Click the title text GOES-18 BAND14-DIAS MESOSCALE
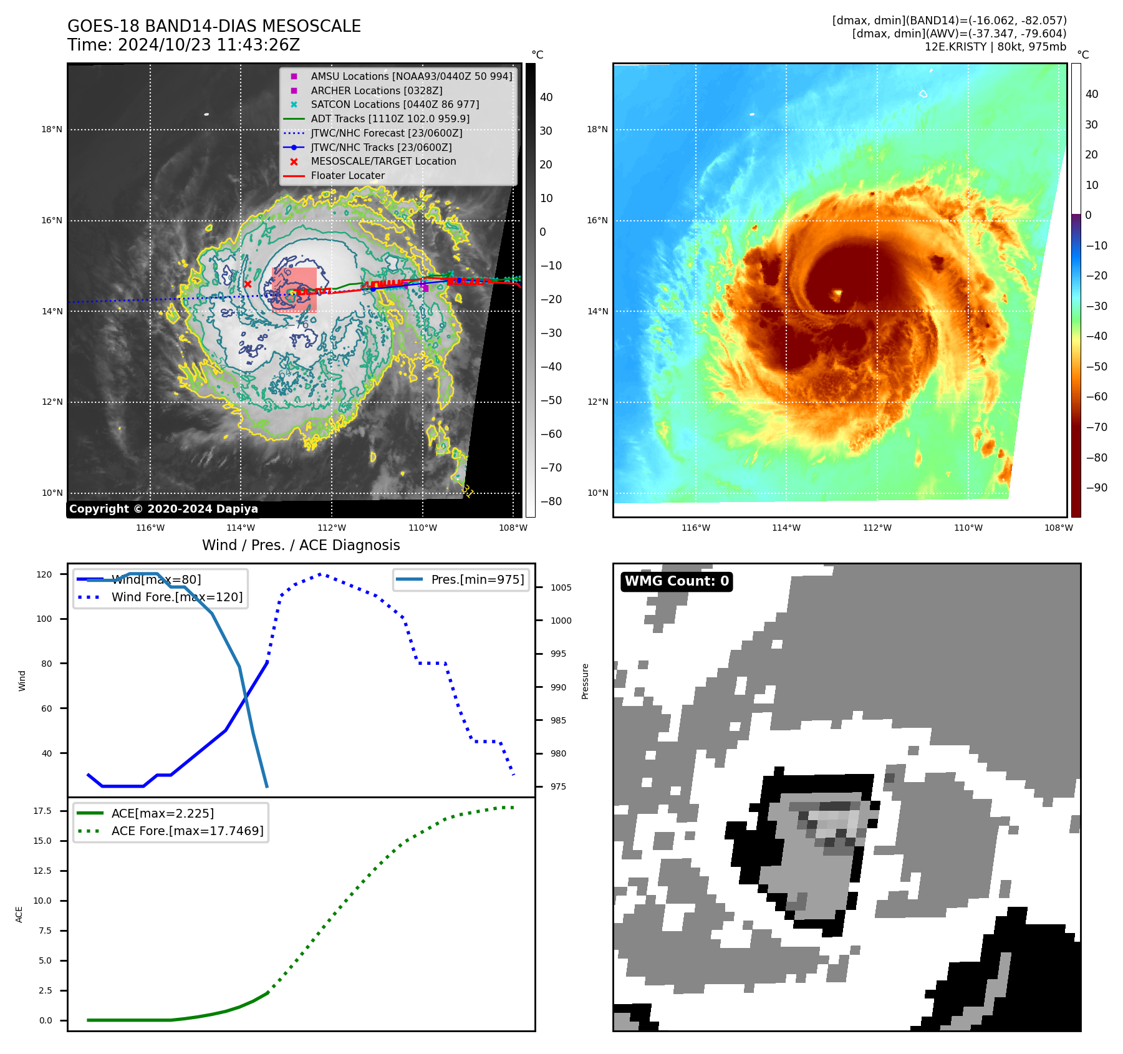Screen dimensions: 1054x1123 click(214, 26)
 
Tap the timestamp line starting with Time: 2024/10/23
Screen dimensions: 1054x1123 click(183, 45)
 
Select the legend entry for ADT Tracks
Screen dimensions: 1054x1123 click(390, 118)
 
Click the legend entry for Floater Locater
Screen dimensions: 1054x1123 click(347, 175)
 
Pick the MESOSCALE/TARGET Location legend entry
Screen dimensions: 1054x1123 click(383, 161)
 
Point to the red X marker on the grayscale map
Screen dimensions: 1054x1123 click(248, 284)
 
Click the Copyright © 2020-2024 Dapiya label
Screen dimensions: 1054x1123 click(163, 509)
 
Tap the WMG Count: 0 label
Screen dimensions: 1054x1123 click(677, 581)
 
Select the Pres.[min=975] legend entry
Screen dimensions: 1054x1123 click(477, 579)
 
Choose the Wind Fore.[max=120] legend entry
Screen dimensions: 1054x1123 click(176, 597)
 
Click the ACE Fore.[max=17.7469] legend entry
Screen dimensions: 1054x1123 click(187, 831)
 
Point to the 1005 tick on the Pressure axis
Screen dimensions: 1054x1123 click(561, 587)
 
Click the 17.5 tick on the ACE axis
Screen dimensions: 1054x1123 click(42, 811)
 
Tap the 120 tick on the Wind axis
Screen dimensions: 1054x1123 click(44, 574)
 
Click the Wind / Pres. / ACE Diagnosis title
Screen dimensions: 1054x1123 click(301, 545)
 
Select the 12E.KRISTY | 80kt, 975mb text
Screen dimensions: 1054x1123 click(995, 47)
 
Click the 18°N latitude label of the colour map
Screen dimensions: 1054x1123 click(597, 130)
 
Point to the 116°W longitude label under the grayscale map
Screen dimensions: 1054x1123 click(150, 528)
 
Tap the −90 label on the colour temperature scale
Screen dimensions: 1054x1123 click(1096, 488)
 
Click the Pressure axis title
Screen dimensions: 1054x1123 click(585, 681)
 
